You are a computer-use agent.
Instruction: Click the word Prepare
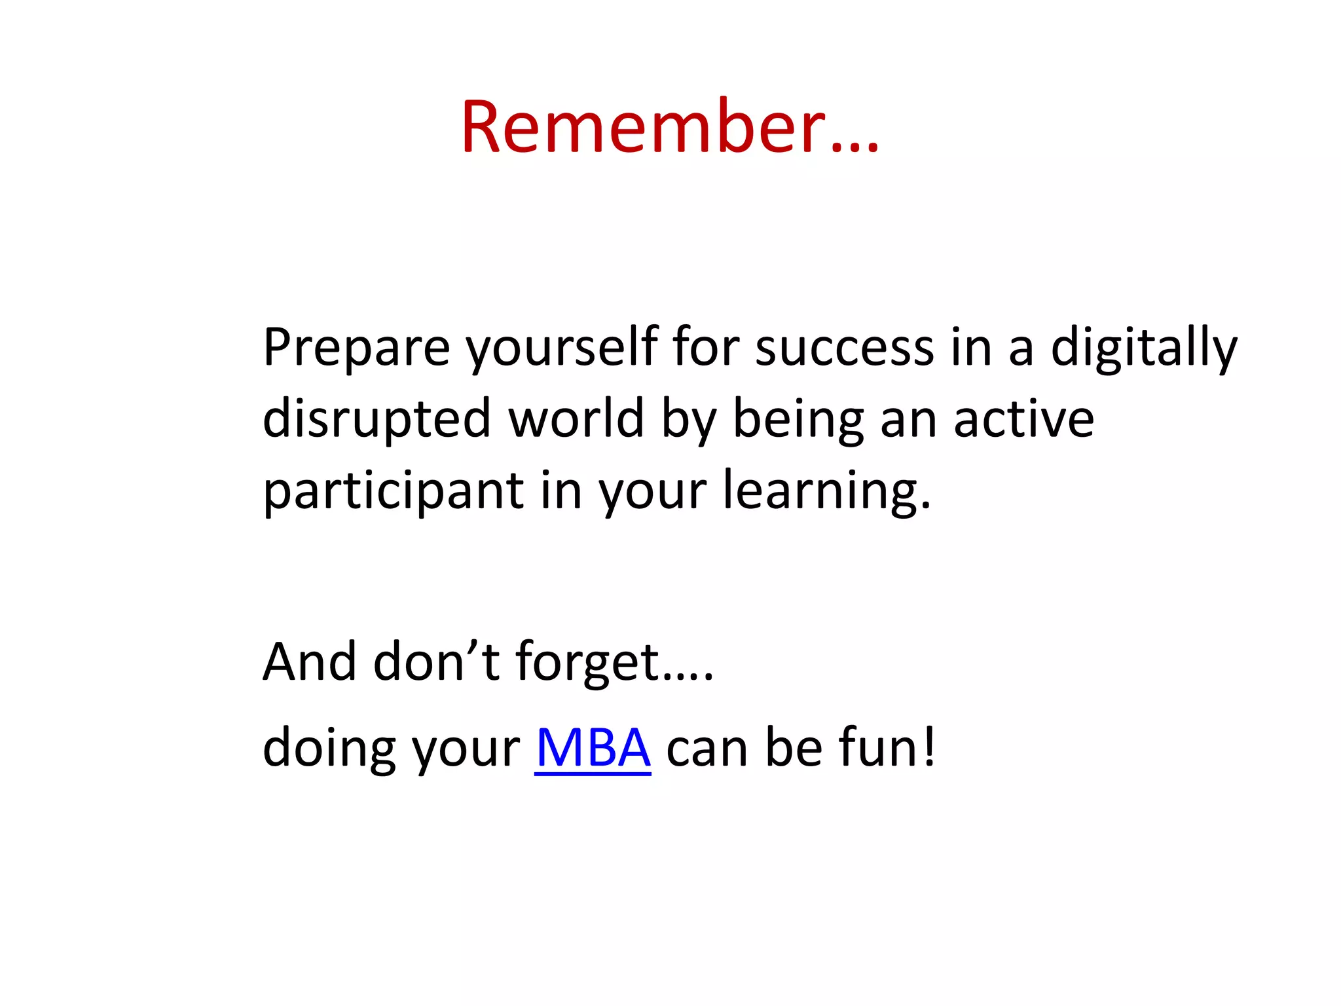356,347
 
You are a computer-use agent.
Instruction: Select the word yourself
562,347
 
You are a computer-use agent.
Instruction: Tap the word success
845,347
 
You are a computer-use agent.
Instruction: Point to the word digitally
1144,347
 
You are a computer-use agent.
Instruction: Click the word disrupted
377,419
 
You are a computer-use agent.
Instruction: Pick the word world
576,419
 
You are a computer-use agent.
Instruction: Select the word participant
393,491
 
